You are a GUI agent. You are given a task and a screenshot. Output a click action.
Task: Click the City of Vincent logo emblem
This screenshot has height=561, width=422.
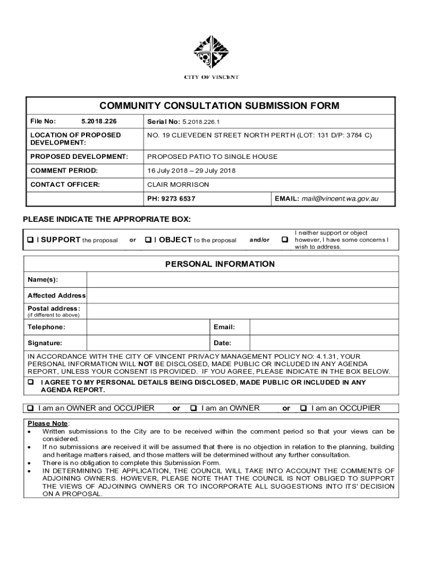(211, 53)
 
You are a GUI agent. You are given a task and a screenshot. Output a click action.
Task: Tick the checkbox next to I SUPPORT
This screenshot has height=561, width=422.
(31, 240)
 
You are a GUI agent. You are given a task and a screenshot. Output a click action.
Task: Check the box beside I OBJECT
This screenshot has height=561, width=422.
(149, 240)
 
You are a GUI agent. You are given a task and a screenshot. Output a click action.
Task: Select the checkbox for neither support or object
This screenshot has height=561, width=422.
(284, 240)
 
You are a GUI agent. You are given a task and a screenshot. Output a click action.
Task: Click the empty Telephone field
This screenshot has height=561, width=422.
(148, 327)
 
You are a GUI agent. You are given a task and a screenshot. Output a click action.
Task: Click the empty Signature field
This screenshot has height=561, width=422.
(148, 344)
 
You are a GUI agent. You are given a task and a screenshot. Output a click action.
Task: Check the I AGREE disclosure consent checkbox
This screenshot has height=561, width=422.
(31, 382)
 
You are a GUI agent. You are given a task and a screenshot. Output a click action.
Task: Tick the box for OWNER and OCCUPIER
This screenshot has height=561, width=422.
(31, 408)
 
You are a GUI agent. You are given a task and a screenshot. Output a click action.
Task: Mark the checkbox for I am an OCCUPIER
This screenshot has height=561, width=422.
(304, 408)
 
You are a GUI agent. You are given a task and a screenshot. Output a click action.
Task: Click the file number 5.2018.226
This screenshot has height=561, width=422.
(99, 121)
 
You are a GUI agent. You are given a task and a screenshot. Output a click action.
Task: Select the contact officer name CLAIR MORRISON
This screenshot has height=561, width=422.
(178, 185)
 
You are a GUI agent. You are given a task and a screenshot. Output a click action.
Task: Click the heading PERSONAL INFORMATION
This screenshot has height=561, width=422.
(220, 264)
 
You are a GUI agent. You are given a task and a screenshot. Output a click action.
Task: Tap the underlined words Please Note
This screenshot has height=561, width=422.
(48, 423)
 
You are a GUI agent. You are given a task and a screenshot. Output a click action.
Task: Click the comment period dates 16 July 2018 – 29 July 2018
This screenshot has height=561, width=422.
(191, 170)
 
